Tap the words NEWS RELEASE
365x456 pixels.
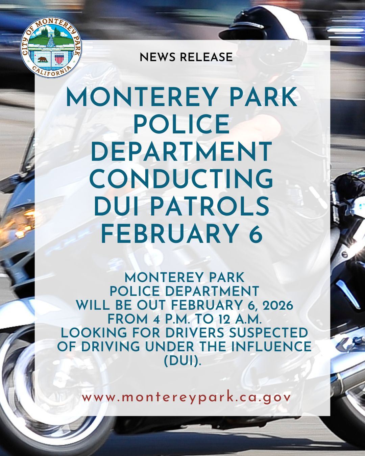[x=186, y=57]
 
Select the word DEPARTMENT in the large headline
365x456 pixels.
[x=181, y=152]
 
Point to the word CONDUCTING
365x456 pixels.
[x=181, y=179]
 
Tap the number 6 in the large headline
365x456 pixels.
[x=256, y=234]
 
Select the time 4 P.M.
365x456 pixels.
[x=160, y=319]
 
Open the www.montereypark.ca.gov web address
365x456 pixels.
[x=186, y=397]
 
